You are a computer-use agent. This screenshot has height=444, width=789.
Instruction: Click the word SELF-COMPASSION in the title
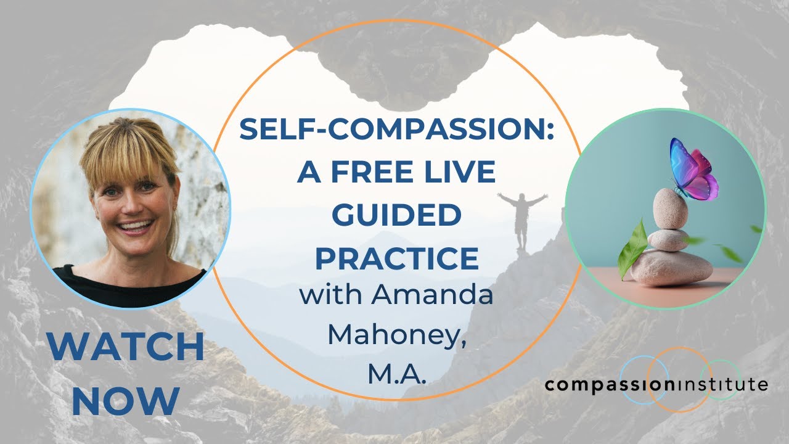click(x=393, y=129)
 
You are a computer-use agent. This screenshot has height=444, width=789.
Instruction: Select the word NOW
click(x=126, y=401)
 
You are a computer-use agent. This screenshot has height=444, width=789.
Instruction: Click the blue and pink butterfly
click(x=693, y=170)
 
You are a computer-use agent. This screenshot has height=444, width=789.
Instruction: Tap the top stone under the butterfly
click(x=670, y=208)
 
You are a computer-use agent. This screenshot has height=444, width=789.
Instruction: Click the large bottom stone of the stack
click(x=671, y=267)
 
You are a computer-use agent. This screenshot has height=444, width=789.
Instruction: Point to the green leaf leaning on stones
click(x=632, y=249)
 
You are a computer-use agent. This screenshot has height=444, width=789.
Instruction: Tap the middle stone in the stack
click(x=668, y=240)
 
